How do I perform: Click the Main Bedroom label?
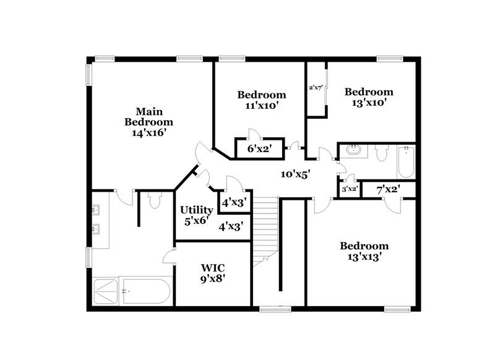click(x=149, y=116)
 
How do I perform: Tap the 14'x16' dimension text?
click(x=149, y=132)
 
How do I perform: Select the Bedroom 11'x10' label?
click(x=262, y=100)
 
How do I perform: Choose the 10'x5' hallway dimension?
click(x=294, y=174)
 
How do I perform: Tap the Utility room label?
click(x=197, y=210)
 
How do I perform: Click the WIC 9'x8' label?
click(x=212, y=273)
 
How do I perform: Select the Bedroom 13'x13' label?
click(x=364, y=251)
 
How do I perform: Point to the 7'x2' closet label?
click(x=388, y=190)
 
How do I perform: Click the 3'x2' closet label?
click(x=349, y=190)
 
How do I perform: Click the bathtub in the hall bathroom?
click(x=406, y=162)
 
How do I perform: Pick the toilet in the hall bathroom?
click(x=381, y=152)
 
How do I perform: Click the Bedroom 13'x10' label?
click(x=369, y=97)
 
